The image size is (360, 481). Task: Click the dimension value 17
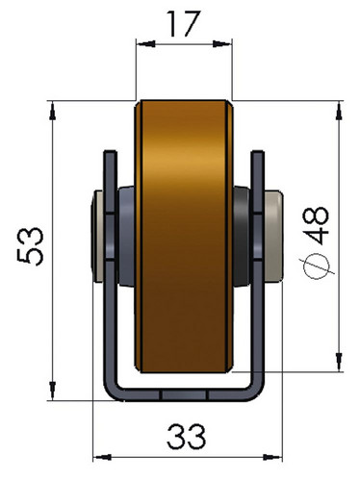click(x=183, y=24)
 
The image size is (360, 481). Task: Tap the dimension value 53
click(x=30, y=246)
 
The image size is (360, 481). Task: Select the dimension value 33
click(x=186, y=437)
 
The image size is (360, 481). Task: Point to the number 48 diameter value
click(x=316, y=225)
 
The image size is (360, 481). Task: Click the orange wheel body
click(x=184, y=237)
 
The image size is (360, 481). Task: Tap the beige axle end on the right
click(x=273, y=237)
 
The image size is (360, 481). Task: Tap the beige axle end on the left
click(x=97, y=237)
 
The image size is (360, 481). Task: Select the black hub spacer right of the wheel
click(x=242, y=236)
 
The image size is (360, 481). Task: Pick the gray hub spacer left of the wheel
click(x=126, y=236)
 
